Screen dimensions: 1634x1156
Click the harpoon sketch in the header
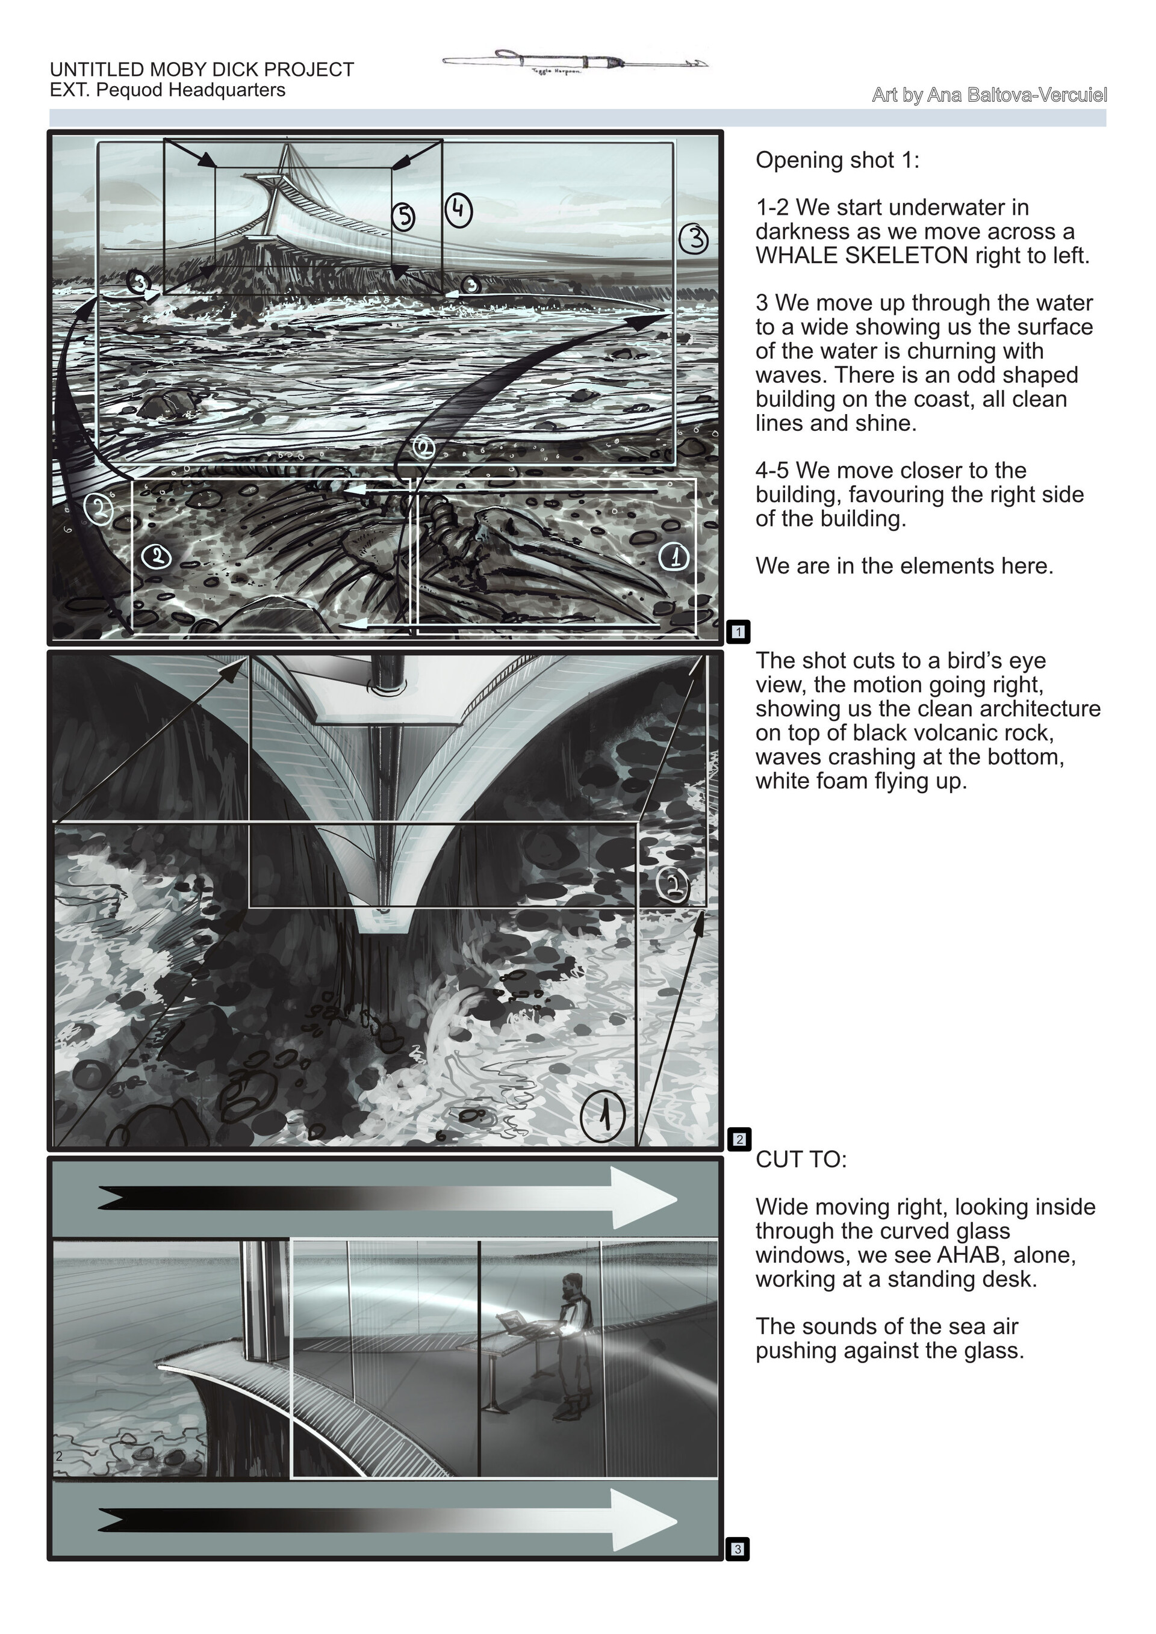coord(575,62)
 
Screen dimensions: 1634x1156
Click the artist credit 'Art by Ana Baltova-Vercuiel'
coord(989,94)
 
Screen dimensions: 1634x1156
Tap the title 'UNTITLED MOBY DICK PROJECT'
coord(202,70)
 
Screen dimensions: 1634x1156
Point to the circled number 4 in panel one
coord(458,209)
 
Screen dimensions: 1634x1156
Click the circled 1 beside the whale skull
coord(673,556)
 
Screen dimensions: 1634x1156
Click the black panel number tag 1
coord(738,631)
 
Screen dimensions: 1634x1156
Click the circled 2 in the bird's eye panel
coord(673,885)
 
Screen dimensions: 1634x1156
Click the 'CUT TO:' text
coord(801,1159)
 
